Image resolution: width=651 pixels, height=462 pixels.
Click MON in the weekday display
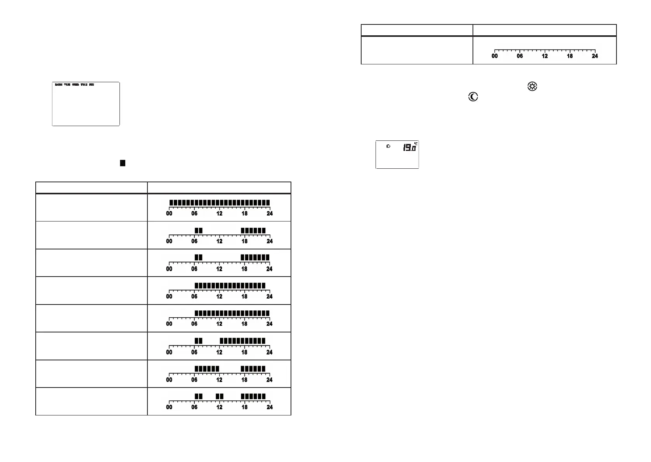point(59,85)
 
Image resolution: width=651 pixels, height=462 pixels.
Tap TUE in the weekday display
point(67,85)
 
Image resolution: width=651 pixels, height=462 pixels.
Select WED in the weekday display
point(76,85)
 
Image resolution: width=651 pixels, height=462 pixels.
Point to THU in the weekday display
point(84,85)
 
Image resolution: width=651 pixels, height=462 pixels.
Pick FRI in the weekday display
point(92,85)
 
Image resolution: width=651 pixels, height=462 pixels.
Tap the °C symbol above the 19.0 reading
point(416,143)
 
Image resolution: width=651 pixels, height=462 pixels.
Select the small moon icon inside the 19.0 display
point(388,146)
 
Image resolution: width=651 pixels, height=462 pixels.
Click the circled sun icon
point(532,87)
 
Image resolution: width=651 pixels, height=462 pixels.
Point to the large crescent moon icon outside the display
point(473,97)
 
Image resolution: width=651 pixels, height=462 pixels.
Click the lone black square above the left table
point(123,163)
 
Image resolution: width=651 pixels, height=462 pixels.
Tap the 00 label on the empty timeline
point(495,56)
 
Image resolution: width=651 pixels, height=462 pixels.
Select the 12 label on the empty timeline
point(545,56)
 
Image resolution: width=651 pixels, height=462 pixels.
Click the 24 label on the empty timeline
point(595,56)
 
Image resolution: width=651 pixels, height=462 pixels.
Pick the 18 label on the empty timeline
point(570,56)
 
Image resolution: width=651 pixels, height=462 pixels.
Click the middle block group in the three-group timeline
point(220,396)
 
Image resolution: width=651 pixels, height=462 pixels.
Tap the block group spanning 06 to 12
point(207,369)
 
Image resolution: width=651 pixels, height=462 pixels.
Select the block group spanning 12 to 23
point(242,341)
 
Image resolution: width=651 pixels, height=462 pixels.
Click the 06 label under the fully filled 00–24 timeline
point(194,214)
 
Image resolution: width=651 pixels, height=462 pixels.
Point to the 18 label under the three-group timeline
point(244,407)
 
